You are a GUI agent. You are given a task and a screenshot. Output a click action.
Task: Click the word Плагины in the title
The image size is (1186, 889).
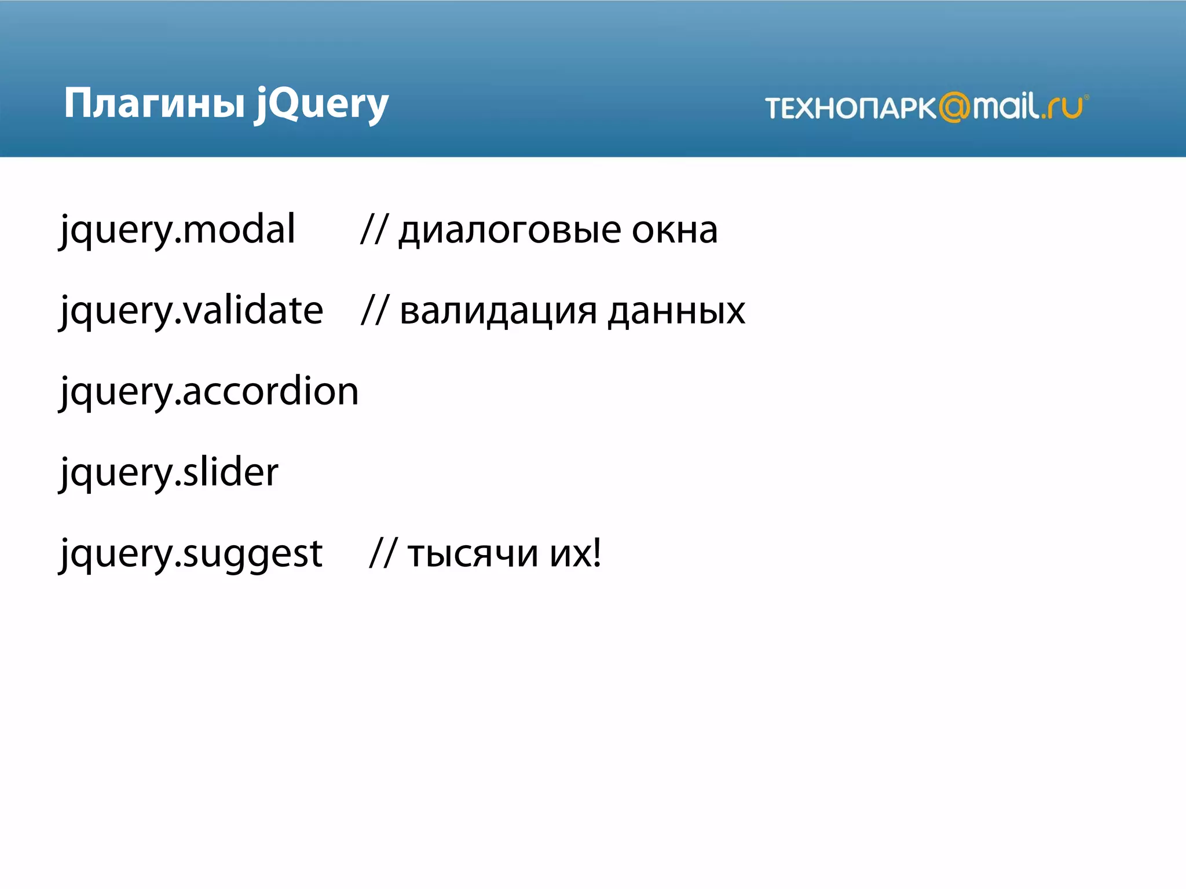(x=154, y=104)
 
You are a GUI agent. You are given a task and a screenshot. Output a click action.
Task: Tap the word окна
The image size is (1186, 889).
(x=675, y=230)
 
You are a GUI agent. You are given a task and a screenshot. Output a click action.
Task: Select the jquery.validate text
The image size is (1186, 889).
(x=192, y=311)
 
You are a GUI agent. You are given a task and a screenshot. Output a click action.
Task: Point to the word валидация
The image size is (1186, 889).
(x=498, y=311)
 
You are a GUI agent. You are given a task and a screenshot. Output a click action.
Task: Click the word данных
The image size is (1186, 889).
(x=676, y=311)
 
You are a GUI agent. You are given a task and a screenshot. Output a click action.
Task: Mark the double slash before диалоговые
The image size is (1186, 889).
(x=373, y=229)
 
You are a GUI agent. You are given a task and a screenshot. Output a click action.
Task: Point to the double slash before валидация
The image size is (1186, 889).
(x=374, y=310)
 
